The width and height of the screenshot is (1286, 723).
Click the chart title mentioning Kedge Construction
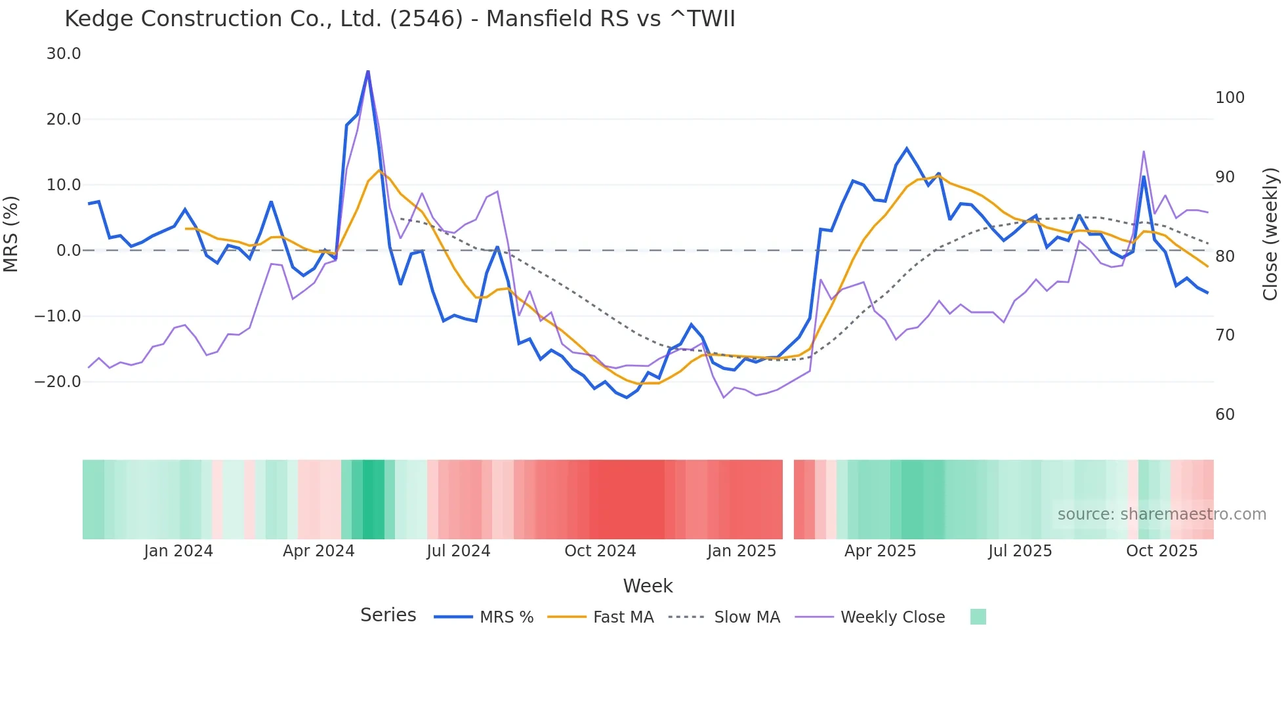pos(400,19)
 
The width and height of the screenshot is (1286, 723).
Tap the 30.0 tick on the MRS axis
pos(64,54)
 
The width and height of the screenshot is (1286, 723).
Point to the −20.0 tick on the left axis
pos(58,382)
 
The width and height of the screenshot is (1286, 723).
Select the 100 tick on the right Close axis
pos(1230,98)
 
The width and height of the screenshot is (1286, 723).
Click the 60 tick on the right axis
pos(1225,415)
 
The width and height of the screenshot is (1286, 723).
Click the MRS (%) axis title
pos(11,234)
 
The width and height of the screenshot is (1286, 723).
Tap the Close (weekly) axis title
pos(1270,234)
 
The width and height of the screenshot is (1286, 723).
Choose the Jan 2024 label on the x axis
pos(178,551)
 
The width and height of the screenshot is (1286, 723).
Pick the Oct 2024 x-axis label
pos(600,551)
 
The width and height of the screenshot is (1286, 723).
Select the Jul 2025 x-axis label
pos(1020,551)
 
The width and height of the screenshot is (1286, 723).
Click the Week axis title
pos(648,586)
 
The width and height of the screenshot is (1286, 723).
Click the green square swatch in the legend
pos(978,617)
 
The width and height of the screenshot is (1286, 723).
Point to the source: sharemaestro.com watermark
pos(1161,514)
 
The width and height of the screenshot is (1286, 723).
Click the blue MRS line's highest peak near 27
pos(368,71)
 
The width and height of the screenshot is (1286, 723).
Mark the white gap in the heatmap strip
pos(788,499)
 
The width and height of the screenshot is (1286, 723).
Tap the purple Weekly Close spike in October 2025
pos(1144,152)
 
